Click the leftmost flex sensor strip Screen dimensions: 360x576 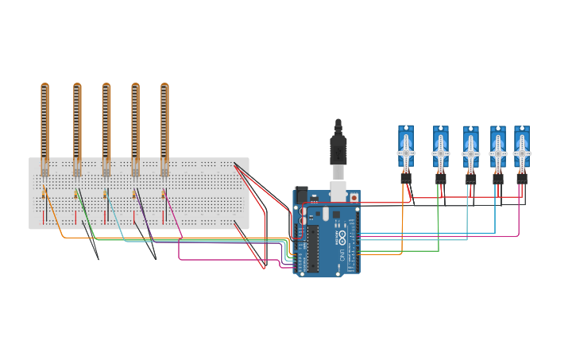click(x=45, y=123)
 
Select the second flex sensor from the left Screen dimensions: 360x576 click(x=77, y=123)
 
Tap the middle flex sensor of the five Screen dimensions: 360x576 click(x=106, y=123)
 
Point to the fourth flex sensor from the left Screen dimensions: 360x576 click(x=135, y=123)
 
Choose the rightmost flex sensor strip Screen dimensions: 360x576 click(x=164, y=123)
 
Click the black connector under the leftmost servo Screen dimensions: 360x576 click(x=406, y=179)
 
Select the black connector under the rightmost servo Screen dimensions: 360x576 click(x=521, y=179)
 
